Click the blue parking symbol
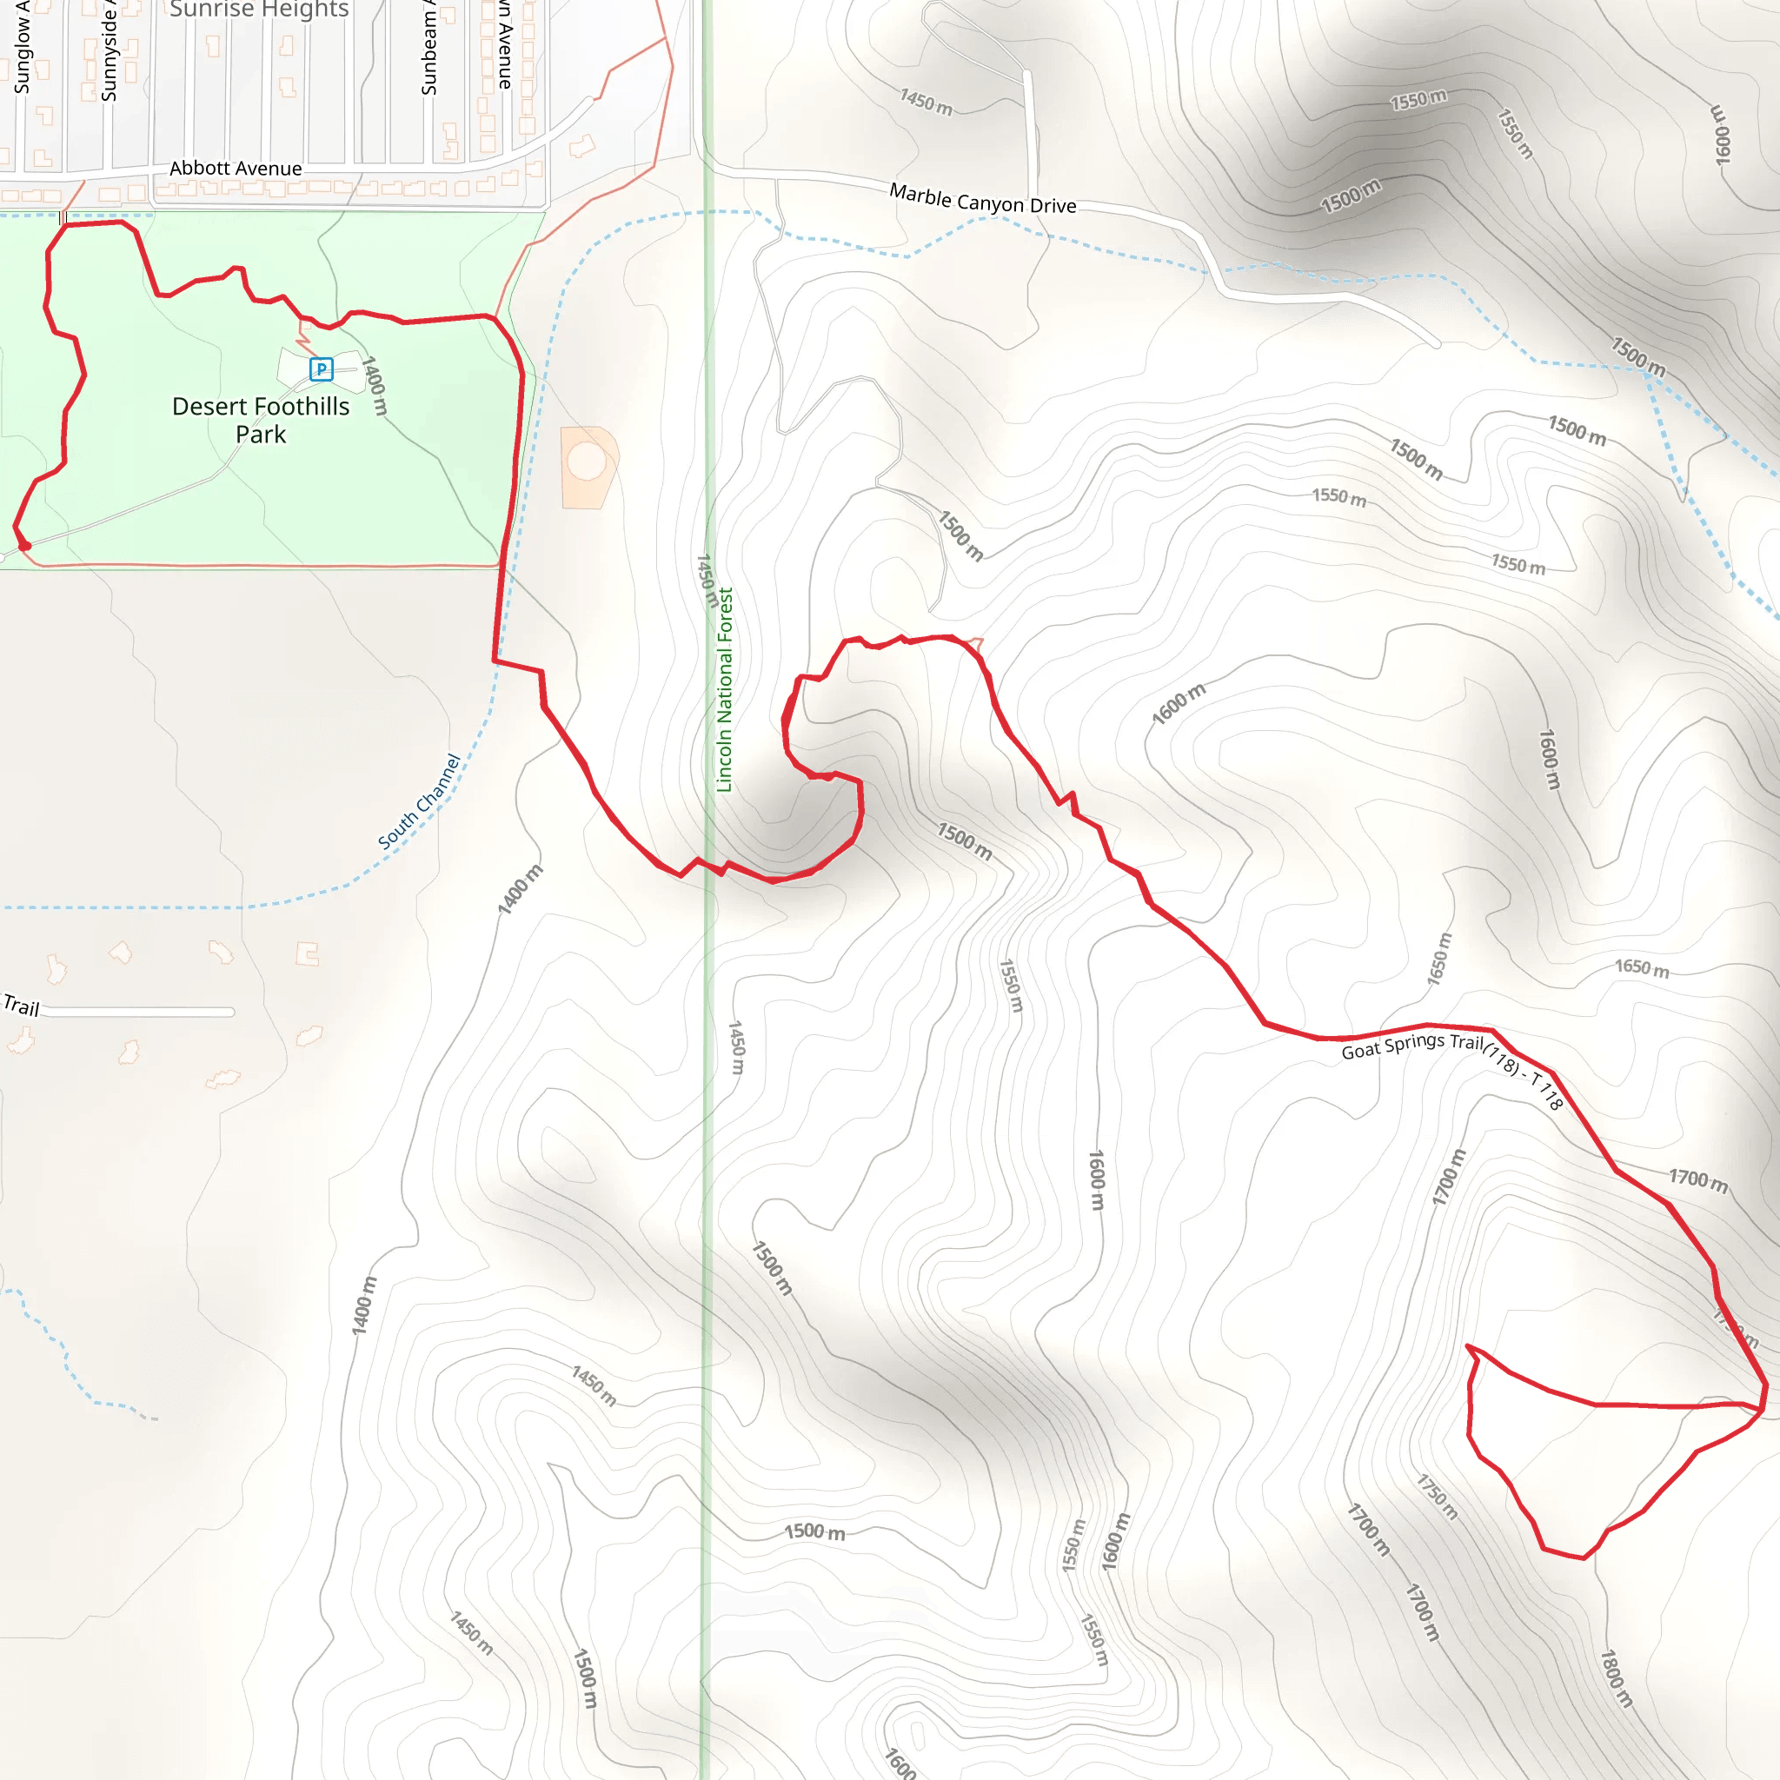(321, 370)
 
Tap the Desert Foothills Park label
(261, 420)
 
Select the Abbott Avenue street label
(236, 169)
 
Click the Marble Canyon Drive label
(982, 199)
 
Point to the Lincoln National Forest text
(725, 690)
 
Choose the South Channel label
(419, 801)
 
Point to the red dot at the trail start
(25, 547)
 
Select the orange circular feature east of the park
(587, 461)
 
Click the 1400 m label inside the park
(374, 385)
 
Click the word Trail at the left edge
(21, 1006)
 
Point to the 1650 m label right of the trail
(1642, 967)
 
